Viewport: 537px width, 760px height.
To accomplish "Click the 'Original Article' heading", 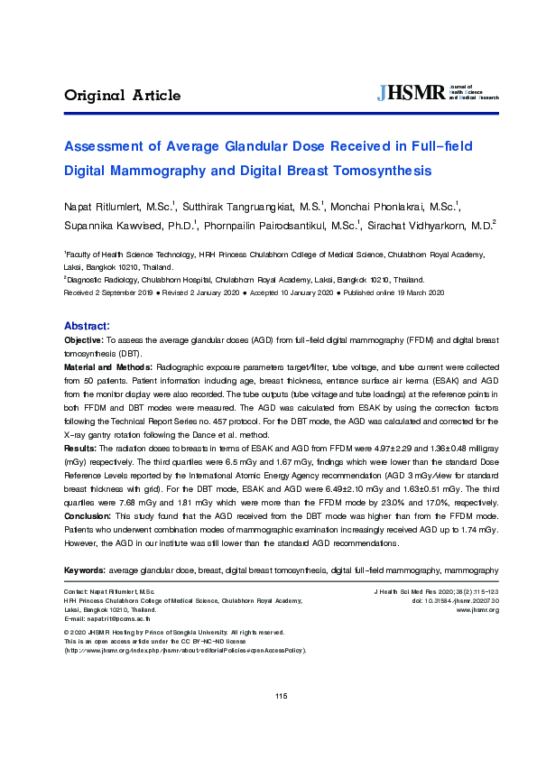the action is [122, 96].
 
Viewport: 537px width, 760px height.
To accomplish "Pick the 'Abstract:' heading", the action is [87, 325].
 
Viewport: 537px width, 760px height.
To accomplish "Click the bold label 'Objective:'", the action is [84, 339].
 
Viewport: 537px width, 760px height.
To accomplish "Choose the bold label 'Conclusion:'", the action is [88, 514].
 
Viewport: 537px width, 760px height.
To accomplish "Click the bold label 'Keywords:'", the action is [84, 570].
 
